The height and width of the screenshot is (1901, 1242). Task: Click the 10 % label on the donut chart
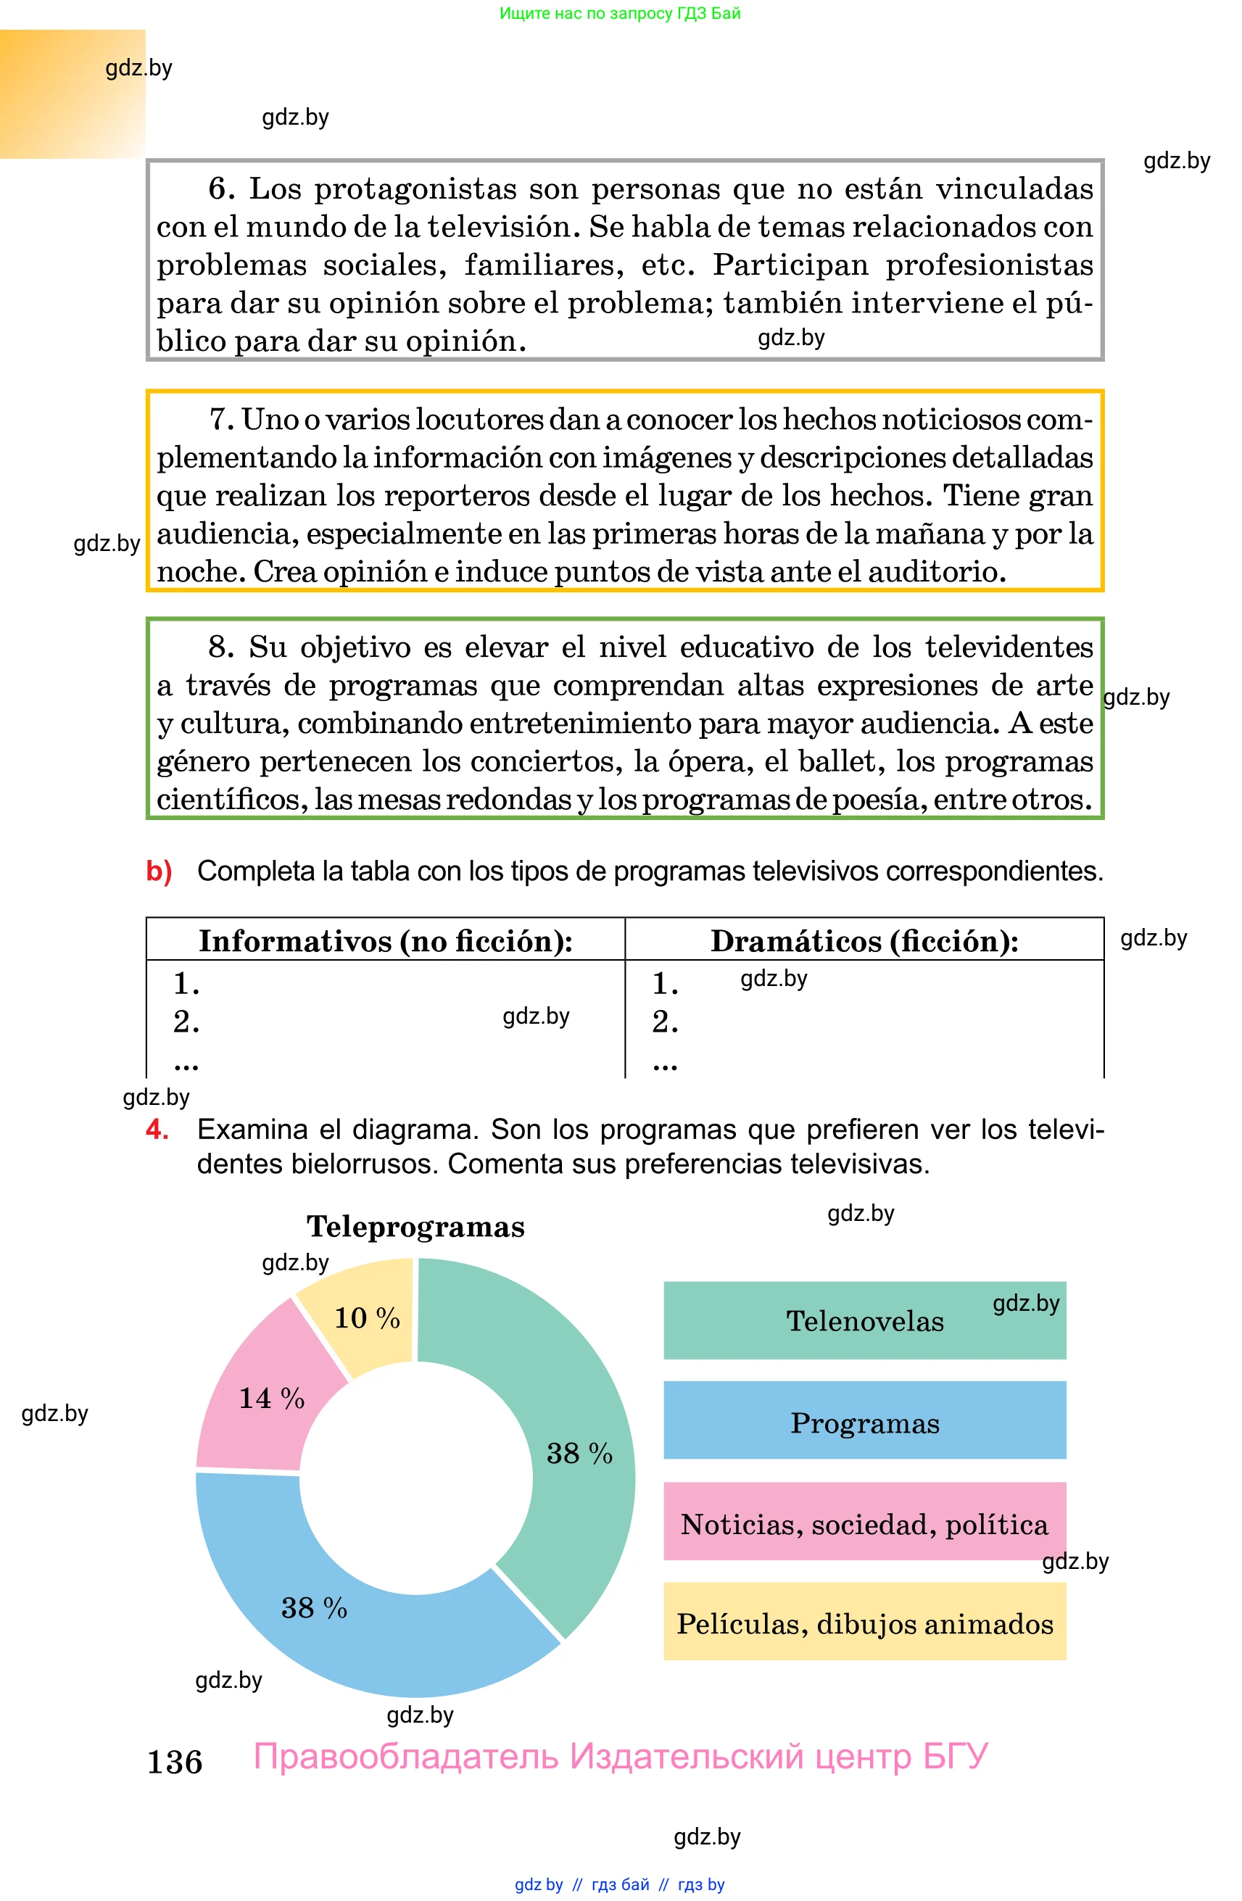pos(367,1318)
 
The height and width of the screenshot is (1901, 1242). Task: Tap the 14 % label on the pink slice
pos(272,1398)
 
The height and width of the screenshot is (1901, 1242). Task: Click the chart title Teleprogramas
pos(415,1227)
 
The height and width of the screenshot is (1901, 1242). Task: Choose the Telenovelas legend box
pos(864,1321)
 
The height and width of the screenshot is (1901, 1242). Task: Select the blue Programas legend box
pos(864,1422)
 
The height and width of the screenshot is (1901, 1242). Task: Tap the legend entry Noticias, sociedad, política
pos(864,1524)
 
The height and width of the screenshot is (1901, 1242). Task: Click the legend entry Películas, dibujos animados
pos(864,1624)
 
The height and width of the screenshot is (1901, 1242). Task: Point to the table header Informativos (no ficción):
pos(385,941)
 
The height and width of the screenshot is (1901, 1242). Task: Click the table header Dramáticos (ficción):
pos(864,941)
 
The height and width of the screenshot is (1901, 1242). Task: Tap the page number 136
pos(175,1762)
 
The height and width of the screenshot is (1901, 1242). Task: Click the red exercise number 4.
pos(157,1130)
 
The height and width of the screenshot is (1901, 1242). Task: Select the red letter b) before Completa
pos(159,871)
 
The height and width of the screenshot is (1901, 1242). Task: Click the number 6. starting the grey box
pos(221,189)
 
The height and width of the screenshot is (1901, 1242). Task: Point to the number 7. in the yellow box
pos(221,419)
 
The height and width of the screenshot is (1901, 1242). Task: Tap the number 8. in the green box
pos(221,647)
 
